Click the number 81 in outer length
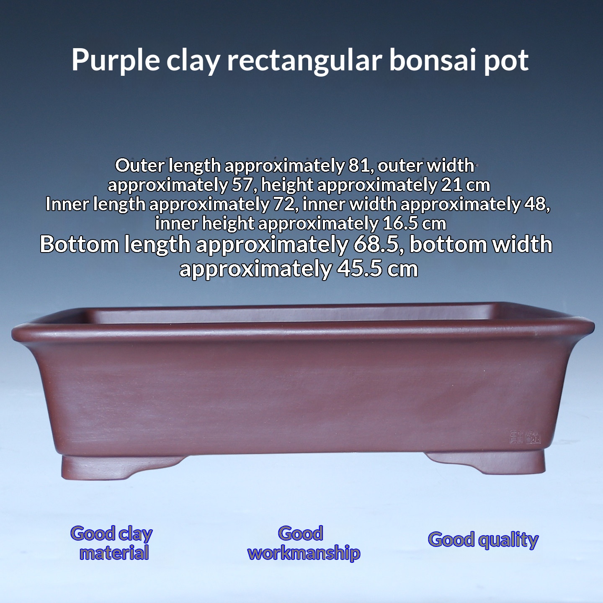pyautogui.click(x=358, y=166)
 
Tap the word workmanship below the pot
pyautogui.click(x=304, y=553)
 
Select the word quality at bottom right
pyautogui.click(x=508, y=541)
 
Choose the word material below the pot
pyautogui.click(x=114, y=553)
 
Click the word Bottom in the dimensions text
pyautogui.click(x=79, y=245)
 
